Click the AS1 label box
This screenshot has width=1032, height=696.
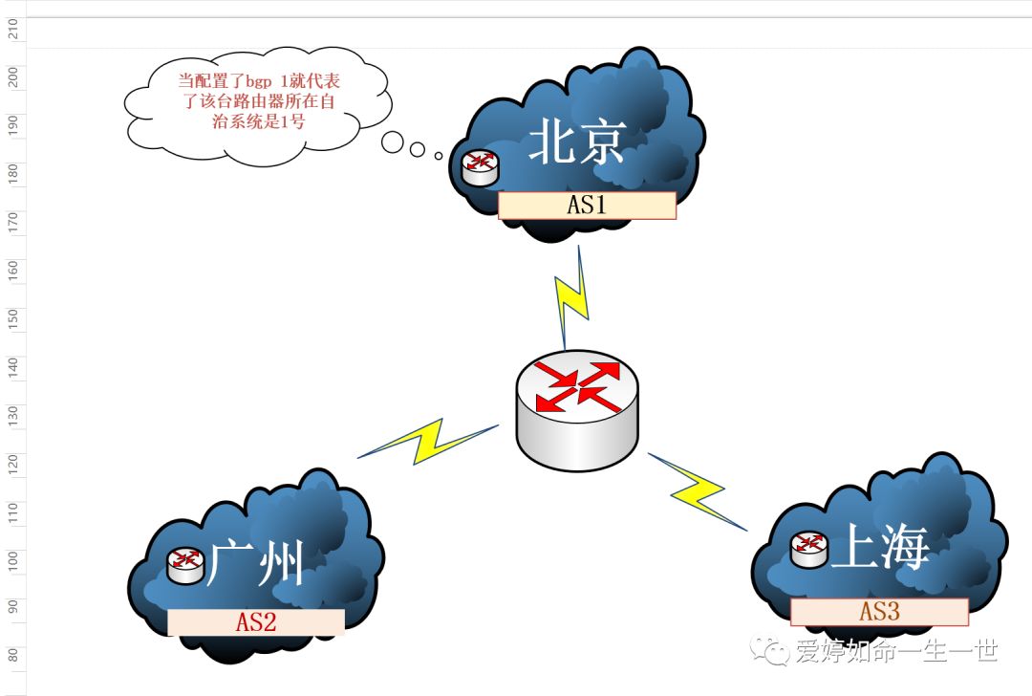[587, 206]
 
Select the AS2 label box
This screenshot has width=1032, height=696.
[256, 622]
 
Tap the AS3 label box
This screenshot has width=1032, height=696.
[879, 612]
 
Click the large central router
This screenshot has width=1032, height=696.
[578, 409]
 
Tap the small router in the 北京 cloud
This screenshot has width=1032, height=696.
[480, 167]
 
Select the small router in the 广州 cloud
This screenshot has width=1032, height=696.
[185, 564]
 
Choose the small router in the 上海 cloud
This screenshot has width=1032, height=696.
[809, 550]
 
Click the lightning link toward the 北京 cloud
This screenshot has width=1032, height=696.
[572, 297]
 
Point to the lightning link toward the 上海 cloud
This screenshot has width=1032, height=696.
[698, 491]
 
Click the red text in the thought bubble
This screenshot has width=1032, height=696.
[258, 100]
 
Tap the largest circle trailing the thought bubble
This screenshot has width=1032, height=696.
[393, 143]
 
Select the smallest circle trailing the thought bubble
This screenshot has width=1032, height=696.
[439, 155]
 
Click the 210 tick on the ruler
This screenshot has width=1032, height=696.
[13, 31]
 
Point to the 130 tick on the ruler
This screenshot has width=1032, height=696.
[13, 414]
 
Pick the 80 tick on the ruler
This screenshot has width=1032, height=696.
[13, 656]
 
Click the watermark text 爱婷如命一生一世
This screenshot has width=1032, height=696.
[895, 651]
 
